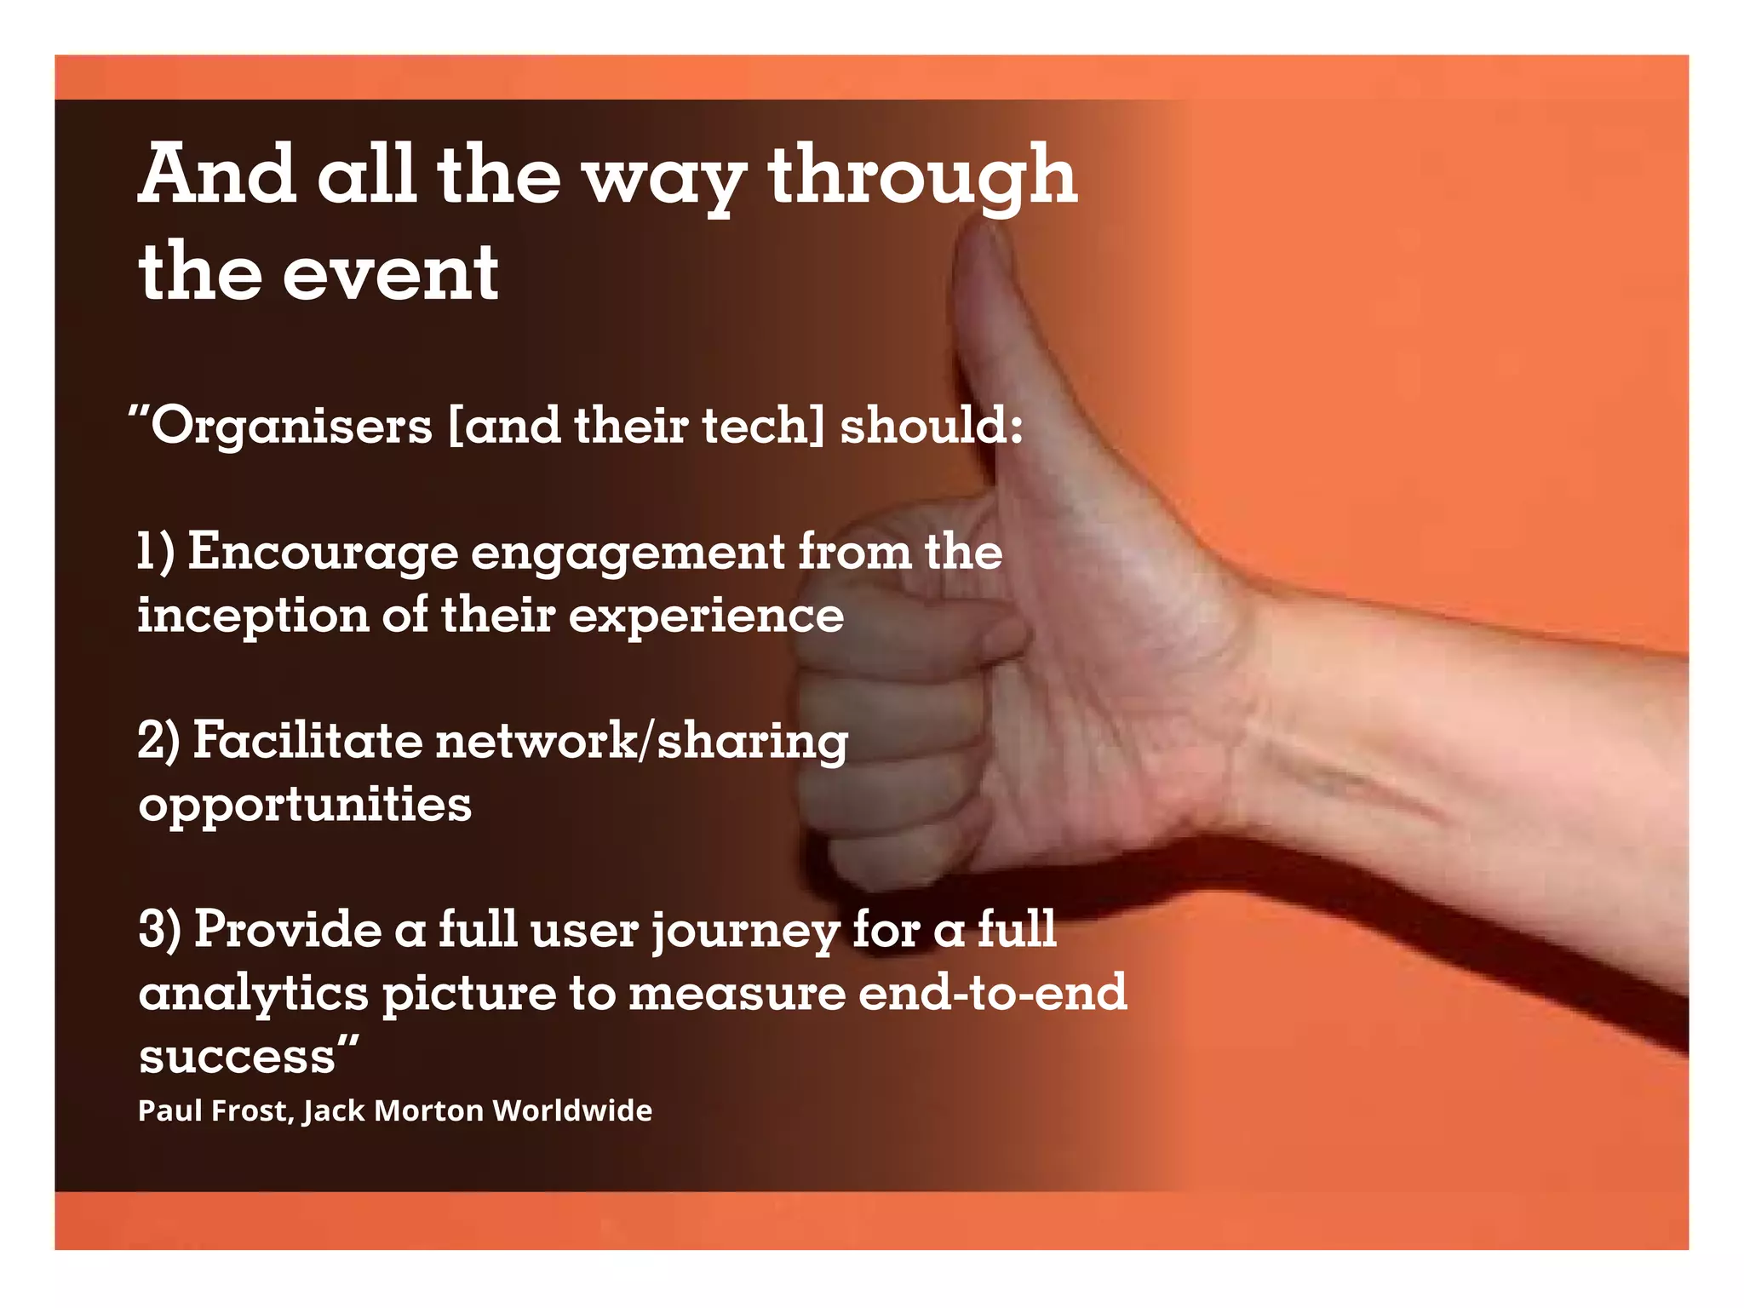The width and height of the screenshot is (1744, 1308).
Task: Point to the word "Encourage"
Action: point(324,553)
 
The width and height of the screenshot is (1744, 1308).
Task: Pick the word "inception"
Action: point(253,616)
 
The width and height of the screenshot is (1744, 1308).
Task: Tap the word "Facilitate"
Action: point(307,740)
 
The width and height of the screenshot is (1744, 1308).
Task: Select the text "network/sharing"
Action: point(642,742)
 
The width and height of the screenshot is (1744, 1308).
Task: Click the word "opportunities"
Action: point(305,805)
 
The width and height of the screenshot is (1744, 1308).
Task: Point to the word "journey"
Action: point(746,931)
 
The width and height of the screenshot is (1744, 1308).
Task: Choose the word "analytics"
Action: point(253,994)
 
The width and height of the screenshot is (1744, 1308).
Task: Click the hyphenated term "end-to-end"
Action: point(992,992)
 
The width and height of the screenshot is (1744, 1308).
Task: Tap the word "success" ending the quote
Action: point(238,1057)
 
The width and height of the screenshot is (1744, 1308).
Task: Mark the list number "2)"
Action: point(159,740)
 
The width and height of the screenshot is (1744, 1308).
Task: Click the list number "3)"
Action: point(160,929)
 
